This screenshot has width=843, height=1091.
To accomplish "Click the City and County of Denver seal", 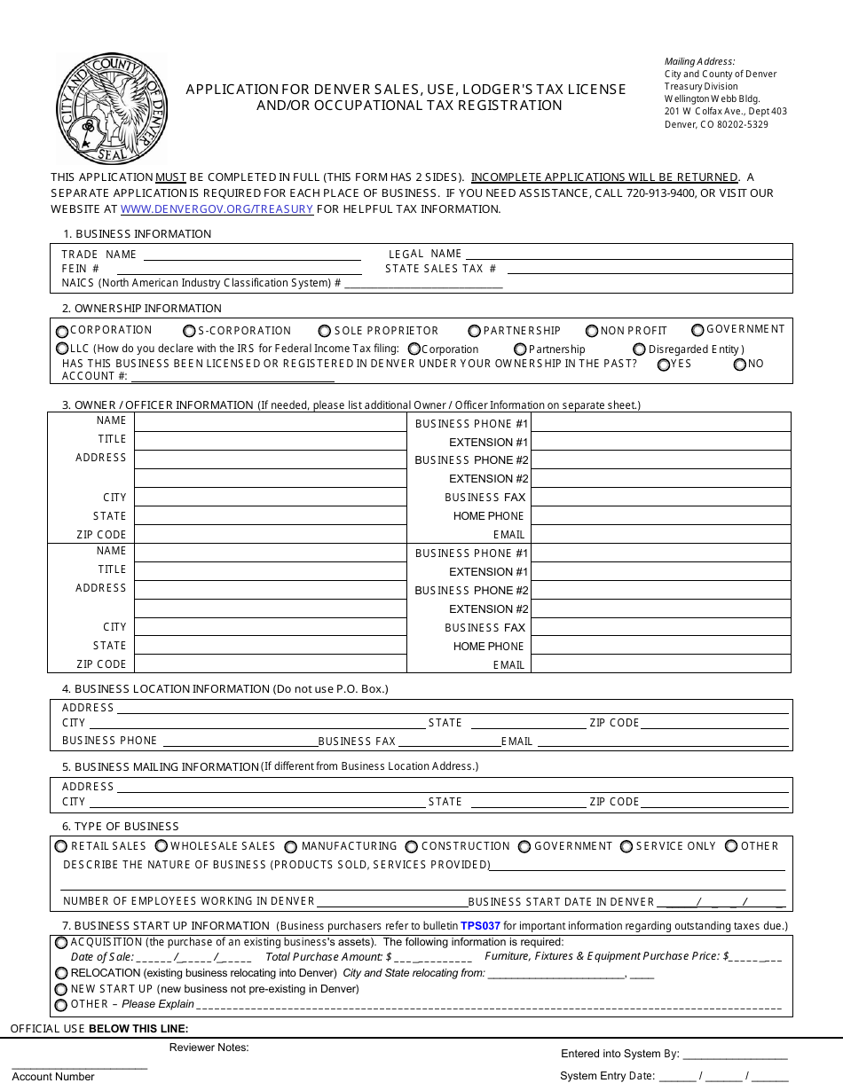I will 111,108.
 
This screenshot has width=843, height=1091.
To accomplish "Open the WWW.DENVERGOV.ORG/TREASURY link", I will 217,209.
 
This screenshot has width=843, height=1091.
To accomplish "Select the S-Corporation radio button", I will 189,331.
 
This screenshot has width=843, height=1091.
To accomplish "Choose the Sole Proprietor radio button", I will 325,331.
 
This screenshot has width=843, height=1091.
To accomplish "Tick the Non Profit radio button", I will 592,331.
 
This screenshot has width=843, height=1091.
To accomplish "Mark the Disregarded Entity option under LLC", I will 639,349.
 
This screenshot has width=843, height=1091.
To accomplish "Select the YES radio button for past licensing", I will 664,364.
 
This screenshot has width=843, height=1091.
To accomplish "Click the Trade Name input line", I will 252,255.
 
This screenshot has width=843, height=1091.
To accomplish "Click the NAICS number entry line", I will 423,284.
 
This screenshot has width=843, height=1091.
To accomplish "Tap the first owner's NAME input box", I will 270,421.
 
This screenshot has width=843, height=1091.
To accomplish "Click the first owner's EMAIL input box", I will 660,535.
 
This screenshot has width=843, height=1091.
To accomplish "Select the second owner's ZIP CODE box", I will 270,664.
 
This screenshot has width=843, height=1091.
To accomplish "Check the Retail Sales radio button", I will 62,847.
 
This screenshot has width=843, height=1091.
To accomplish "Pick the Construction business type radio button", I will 412,847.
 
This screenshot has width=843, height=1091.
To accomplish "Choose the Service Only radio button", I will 626,847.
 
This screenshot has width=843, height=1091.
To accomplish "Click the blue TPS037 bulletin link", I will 480,926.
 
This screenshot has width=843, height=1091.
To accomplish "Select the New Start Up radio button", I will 61,989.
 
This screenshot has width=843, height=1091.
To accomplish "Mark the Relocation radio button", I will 61,973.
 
